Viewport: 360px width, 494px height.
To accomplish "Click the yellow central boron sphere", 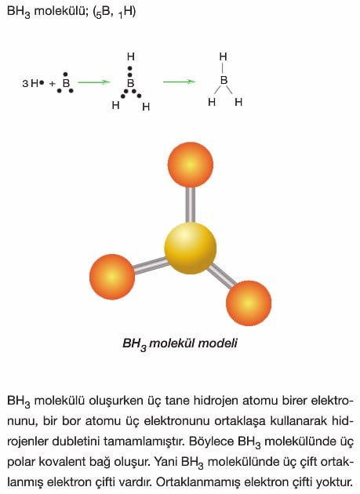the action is coord(190,248).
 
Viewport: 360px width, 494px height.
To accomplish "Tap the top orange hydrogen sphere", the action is coord(190,165).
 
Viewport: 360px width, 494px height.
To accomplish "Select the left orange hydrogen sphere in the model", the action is coord(112,277).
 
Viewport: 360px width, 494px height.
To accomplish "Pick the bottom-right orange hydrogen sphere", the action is coord(249,303).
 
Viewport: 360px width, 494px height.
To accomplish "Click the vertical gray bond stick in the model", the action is coord(190,205).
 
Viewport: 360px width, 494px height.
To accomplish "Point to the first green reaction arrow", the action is coord(93,82).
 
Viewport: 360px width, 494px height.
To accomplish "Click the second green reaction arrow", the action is coord(179,82).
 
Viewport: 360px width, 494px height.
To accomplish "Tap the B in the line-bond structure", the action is coord(224,80).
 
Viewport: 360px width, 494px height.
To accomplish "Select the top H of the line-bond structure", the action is coord(223,56).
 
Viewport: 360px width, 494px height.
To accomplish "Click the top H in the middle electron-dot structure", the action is coord(130,56).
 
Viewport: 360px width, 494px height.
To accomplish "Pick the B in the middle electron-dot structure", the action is coord(130,83).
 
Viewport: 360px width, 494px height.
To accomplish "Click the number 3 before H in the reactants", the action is coord(25,84).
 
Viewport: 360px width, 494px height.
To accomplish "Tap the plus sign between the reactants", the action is coord(52,84).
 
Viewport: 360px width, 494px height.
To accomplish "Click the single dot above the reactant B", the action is coord(65,74).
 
